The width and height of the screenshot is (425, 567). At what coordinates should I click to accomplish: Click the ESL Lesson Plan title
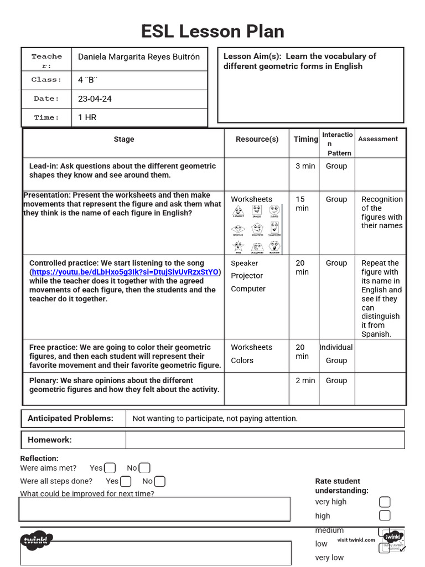(212, 32)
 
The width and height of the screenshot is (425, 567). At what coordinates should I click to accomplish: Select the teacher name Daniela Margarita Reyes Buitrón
(139, 56)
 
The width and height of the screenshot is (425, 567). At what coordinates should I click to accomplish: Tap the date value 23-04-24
(95, 99)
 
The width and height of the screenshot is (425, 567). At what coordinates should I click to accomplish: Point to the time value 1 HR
(87, 117)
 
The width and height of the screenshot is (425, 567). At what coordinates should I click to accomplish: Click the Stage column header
(123, 139)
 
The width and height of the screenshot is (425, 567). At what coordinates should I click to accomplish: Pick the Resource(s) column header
(257, 139)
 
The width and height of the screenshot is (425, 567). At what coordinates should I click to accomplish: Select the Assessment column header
(378, 139)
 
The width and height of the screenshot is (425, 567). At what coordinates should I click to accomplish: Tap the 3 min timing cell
(305, 166)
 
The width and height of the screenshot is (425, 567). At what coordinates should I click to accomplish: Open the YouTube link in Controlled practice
(125, 272)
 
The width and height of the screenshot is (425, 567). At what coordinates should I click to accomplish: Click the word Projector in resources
(247, 276)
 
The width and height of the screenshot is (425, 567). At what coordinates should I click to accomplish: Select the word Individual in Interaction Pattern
(336, 347)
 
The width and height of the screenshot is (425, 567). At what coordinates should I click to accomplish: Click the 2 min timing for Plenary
(305, 380)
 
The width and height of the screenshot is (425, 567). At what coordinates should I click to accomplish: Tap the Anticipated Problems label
(70, 419)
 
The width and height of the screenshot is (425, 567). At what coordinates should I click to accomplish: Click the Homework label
(50, 440)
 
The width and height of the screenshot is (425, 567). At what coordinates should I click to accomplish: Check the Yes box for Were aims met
(110, 468)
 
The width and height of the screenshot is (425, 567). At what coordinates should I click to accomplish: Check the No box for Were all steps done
(159, 481)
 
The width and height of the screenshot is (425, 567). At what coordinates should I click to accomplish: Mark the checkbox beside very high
(385, 502)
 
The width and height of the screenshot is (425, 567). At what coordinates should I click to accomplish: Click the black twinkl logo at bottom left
(37, 540)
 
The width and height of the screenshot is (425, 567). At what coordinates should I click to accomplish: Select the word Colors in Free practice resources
(242, 360)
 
